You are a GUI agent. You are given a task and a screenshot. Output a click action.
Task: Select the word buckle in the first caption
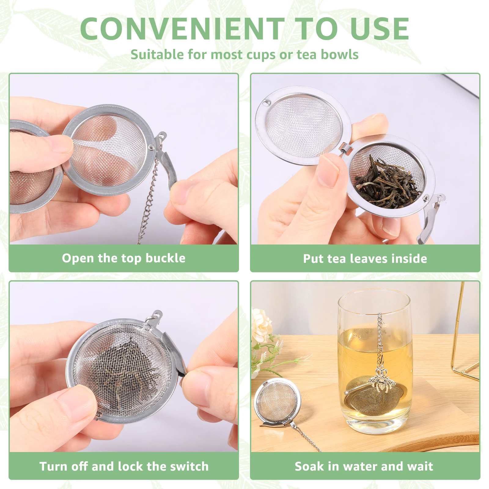click(165, 258)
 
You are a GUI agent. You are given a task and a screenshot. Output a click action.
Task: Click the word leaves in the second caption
click(369, 259)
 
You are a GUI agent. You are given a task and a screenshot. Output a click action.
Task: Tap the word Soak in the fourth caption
click(309, 466)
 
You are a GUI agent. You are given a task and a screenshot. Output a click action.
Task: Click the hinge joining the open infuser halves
click(346, 148)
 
